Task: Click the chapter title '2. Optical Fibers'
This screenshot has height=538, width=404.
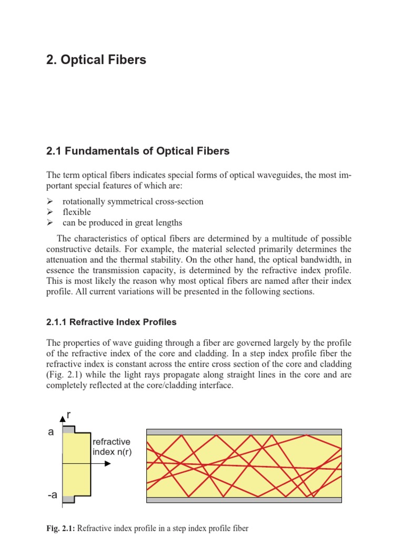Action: pyautogui.click(x=96, y=60)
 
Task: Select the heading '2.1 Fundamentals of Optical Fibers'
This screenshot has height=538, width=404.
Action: pyautogui.click(x=138, y=151)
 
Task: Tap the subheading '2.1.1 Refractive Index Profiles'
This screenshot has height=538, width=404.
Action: pyautogui.click(x=112, y=322)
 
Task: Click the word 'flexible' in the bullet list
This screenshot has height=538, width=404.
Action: pyautogui.click(x=76, y=212)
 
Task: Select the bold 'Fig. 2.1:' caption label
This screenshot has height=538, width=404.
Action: pyautogui.click(x=61, y=528)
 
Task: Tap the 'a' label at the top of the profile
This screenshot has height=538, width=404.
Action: pyautogui.click(x=51, y=432)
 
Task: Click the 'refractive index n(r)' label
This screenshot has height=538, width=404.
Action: pyautogui.click(x=112, y=447)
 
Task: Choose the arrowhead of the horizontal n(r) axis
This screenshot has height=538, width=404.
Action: pyautogui.click(x=108, y=464)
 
